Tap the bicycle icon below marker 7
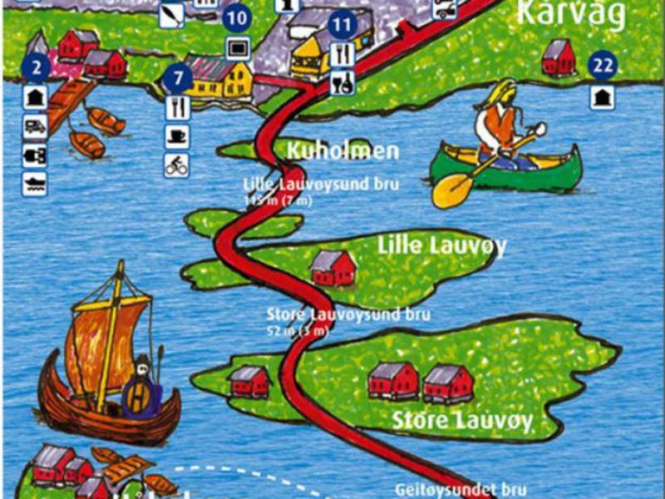click(176, 165)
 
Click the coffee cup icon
click(176, 136)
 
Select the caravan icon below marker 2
click(34, 126)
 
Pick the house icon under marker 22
click(602, 96)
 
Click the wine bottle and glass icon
click(342, 82)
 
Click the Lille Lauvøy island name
click(441, 245)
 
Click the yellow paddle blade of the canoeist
click(449, 190)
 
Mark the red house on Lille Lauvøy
click(332, 268)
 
